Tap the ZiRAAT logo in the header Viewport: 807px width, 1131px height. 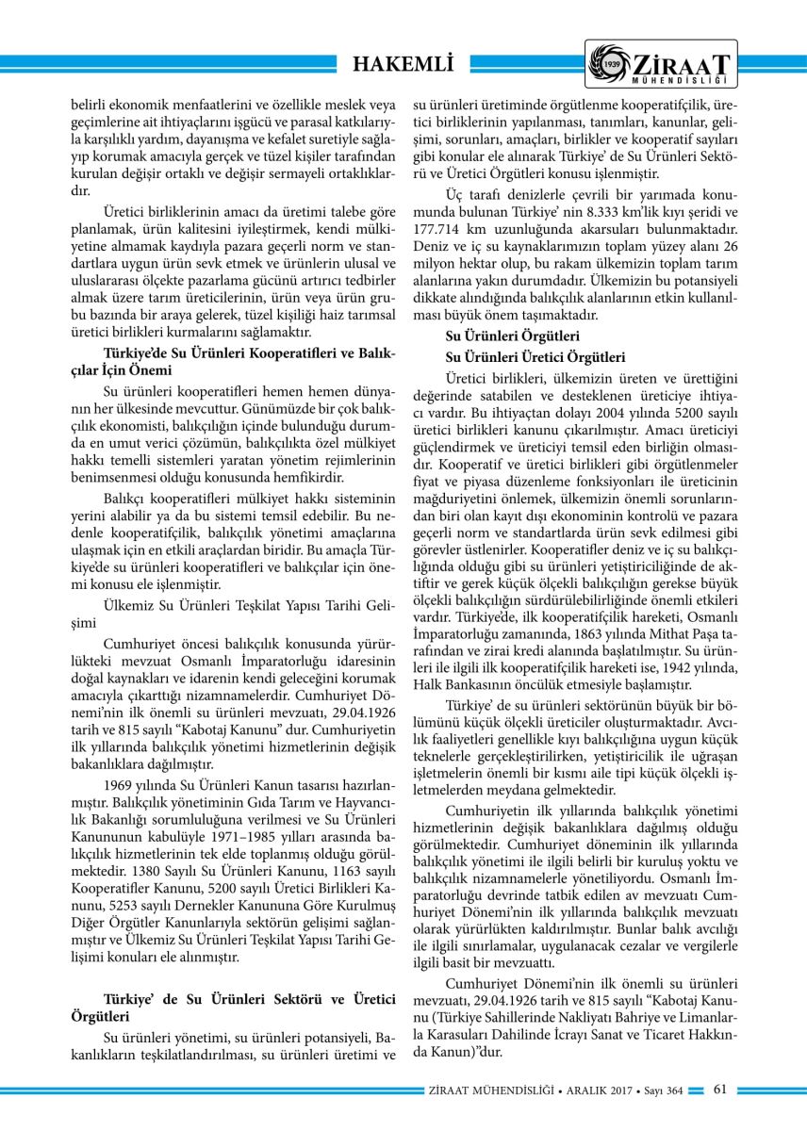659,65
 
